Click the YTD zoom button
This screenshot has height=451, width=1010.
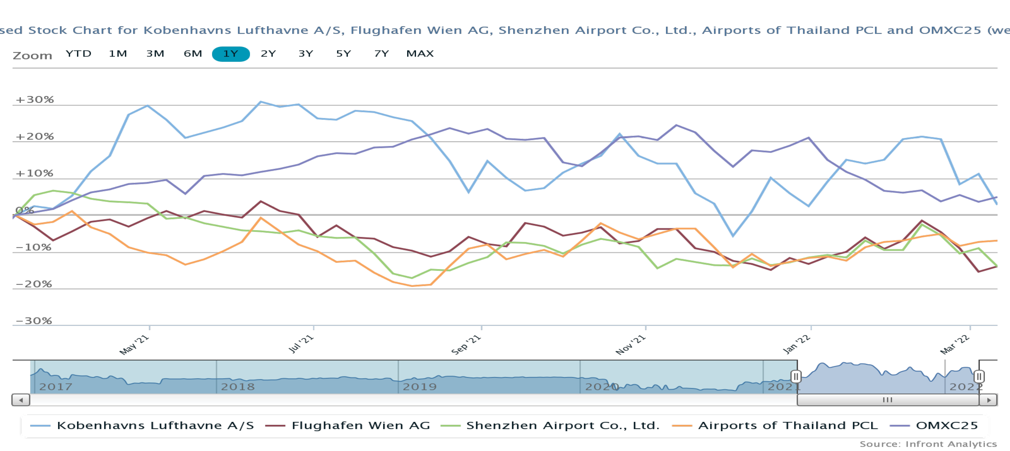[78, 54]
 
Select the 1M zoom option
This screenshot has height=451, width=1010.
[118, 54]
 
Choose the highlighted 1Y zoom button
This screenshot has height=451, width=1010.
[231, 54]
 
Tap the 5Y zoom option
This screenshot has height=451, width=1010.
[344, 54]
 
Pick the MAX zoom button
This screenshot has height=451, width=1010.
[420, 54]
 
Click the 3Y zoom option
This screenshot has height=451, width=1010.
[306, 54]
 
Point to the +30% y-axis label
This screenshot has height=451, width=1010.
[34, 99]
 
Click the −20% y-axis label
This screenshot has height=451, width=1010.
[34, 284]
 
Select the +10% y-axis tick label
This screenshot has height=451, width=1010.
[34, 173]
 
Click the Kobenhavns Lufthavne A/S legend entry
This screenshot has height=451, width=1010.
[155, 426]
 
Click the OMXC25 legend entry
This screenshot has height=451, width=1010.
[946, 426]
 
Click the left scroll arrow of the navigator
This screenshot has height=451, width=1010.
[21, 400]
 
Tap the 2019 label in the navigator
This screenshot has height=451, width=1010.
[419, 387]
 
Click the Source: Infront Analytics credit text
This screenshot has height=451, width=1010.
[928, 444]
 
